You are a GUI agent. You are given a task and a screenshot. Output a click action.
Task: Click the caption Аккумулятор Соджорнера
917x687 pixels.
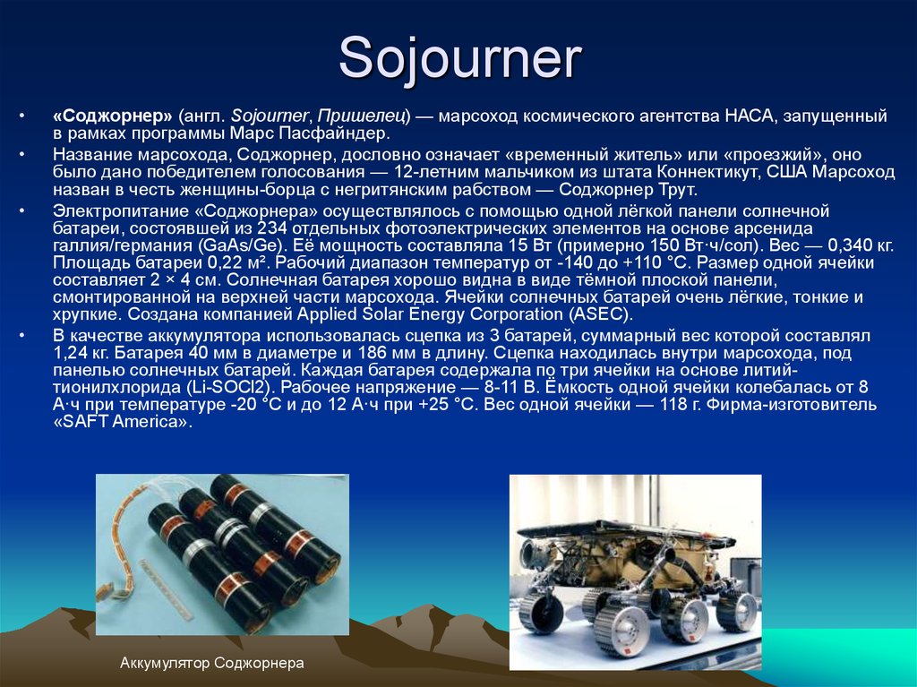[212, 664]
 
